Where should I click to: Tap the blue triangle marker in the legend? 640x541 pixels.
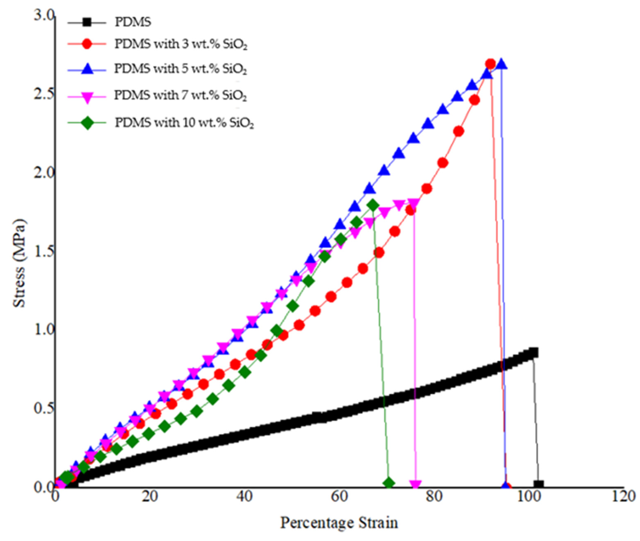point(87,69)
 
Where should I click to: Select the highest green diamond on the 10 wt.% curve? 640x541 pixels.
point(373,205)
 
